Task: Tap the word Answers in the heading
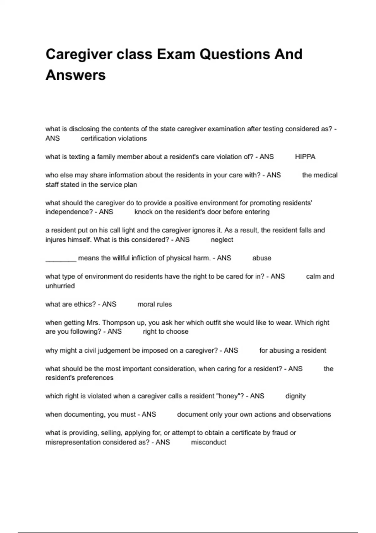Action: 76,75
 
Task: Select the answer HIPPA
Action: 305,157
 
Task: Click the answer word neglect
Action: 222,240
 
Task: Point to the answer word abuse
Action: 262,258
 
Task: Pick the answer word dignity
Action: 295,396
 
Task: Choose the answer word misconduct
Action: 208,442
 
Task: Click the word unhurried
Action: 60,286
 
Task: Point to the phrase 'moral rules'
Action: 154,304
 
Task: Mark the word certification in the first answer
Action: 98,139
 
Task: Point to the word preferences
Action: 95,378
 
